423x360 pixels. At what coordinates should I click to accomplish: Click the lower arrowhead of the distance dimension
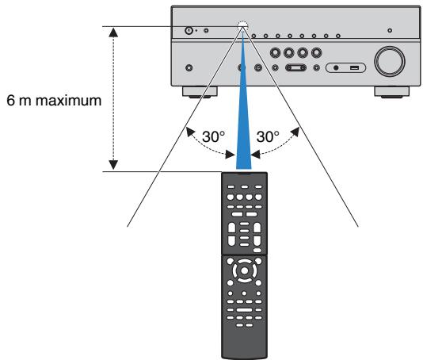113,164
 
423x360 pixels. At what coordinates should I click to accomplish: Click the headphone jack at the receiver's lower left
189,67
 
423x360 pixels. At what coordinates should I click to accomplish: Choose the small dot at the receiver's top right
389,30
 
